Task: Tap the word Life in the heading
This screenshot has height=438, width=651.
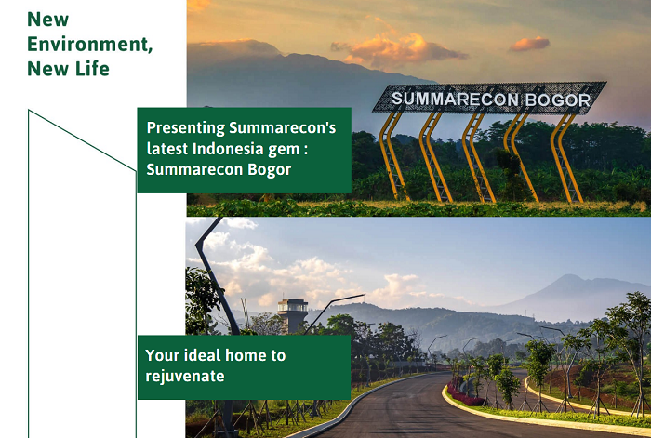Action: tap(92, 69)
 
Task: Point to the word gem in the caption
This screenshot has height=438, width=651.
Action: tap(283, 150)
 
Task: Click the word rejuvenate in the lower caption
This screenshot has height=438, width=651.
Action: tap(185, 377)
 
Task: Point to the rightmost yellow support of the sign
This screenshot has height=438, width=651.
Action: tap(566, 158)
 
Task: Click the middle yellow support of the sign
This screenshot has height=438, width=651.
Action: tap(478, 157)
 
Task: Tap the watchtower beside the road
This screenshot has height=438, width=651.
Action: tap(293, 314)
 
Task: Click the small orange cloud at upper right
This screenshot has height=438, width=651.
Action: tap(529, 44)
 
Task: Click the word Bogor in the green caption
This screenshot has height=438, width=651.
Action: tap(269, 170)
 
